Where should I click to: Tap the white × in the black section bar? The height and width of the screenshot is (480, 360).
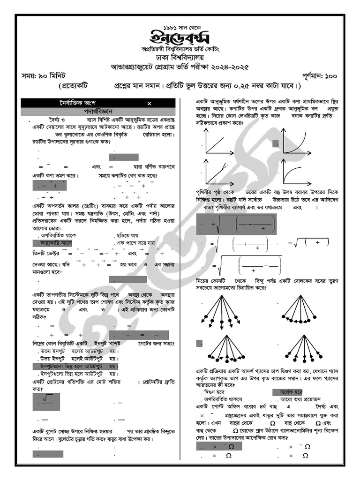click(x=149, y=103)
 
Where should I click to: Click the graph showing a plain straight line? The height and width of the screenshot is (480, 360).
click(x=220, y=142)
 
